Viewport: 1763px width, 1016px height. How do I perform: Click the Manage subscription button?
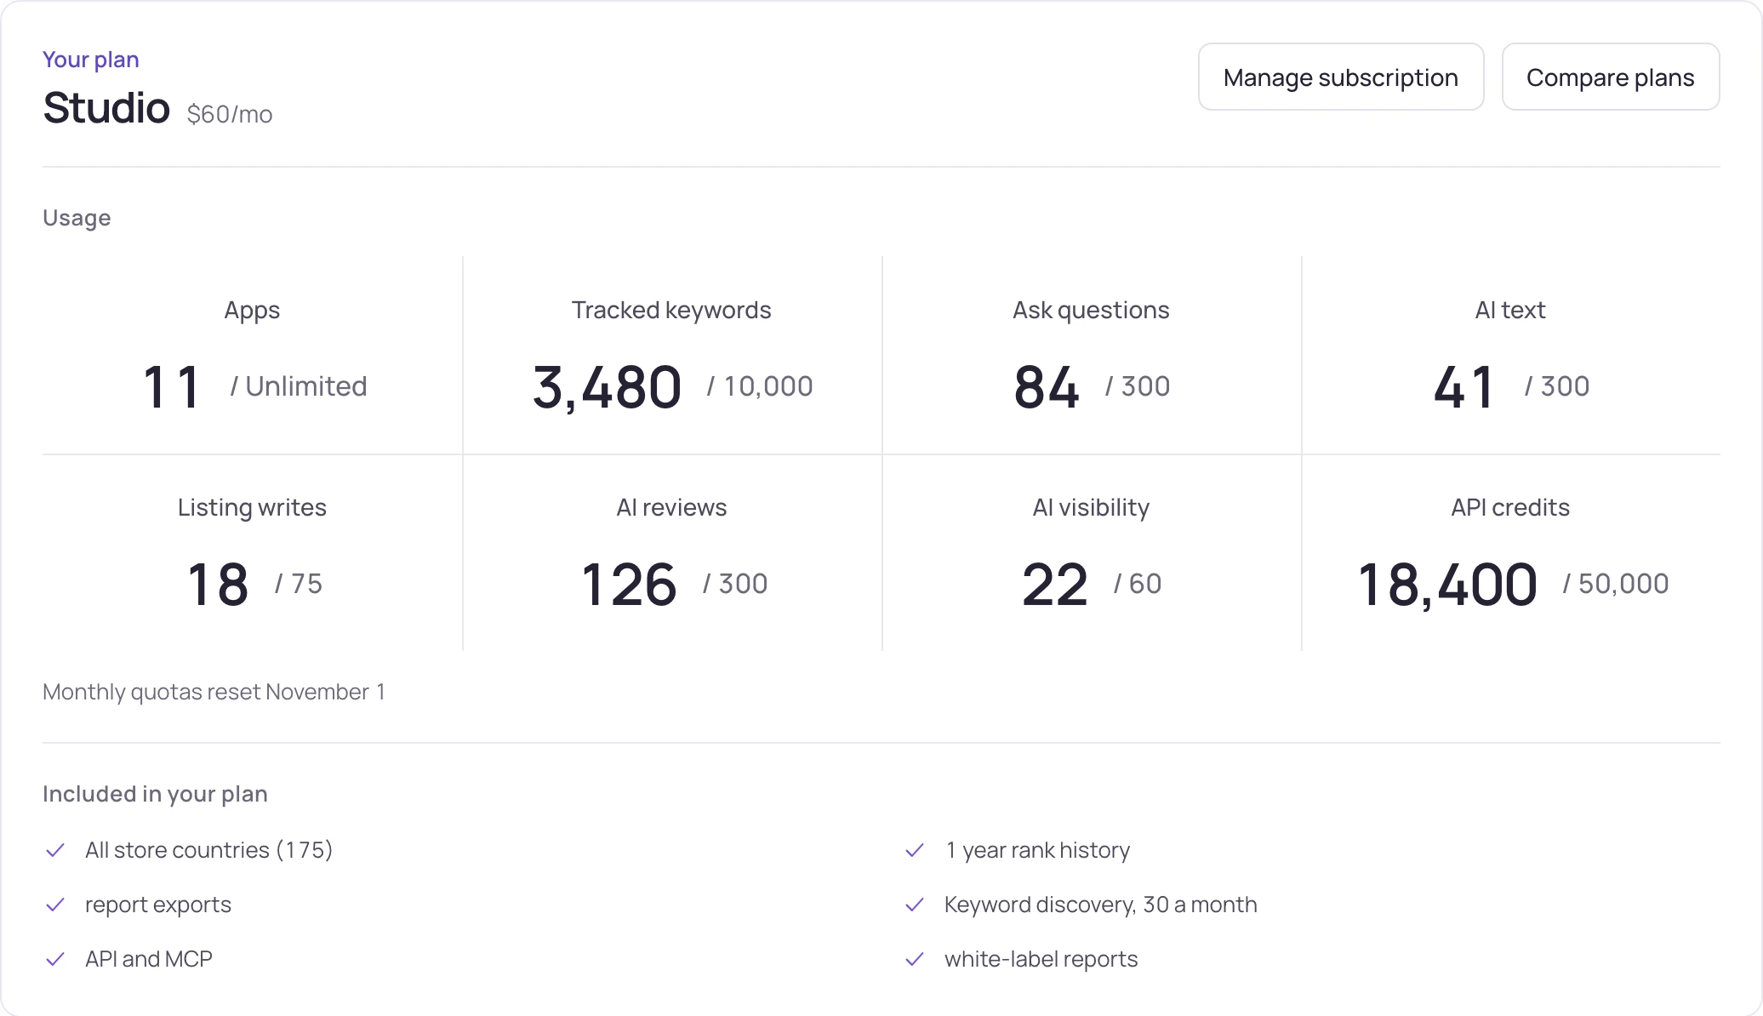pos(1341,77)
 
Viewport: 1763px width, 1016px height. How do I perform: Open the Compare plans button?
pos(1611,77)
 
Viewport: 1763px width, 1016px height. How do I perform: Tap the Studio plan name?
pos(106,108)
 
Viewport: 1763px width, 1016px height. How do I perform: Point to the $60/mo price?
pos(230,114)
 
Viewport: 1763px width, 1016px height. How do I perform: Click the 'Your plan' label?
pos(91,60)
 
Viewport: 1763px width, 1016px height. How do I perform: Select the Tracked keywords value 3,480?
pos(607,387)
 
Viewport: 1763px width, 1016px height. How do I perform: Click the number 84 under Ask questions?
pos(1047,387)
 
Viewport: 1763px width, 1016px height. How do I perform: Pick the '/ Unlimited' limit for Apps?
pos(299,386)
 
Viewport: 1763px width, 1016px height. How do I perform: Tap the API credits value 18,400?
pos(1447,585)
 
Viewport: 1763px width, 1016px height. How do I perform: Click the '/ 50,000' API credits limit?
pos(1616,584)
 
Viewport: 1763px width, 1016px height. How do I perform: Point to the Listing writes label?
pos(252,507)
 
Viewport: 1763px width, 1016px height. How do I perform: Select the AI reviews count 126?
pos(629,585)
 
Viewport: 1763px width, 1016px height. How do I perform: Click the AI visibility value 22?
pos(1055,585)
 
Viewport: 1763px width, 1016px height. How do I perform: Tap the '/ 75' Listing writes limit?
pos(299,584)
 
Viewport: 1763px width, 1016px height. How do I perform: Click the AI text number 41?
pos(1463,387)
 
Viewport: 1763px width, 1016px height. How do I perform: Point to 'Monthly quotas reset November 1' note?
pos(214,692)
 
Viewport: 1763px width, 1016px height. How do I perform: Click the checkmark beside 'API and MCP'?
pos(55,959)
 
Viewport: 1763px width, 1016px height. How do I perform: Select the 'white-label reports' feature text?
pos(1041,959)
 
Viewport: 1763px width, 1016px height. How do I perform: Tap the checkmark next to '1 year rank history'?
pos(915,850)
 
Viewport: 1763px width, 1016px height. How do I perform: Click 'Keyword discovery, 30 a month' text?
pos(1100,905)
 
